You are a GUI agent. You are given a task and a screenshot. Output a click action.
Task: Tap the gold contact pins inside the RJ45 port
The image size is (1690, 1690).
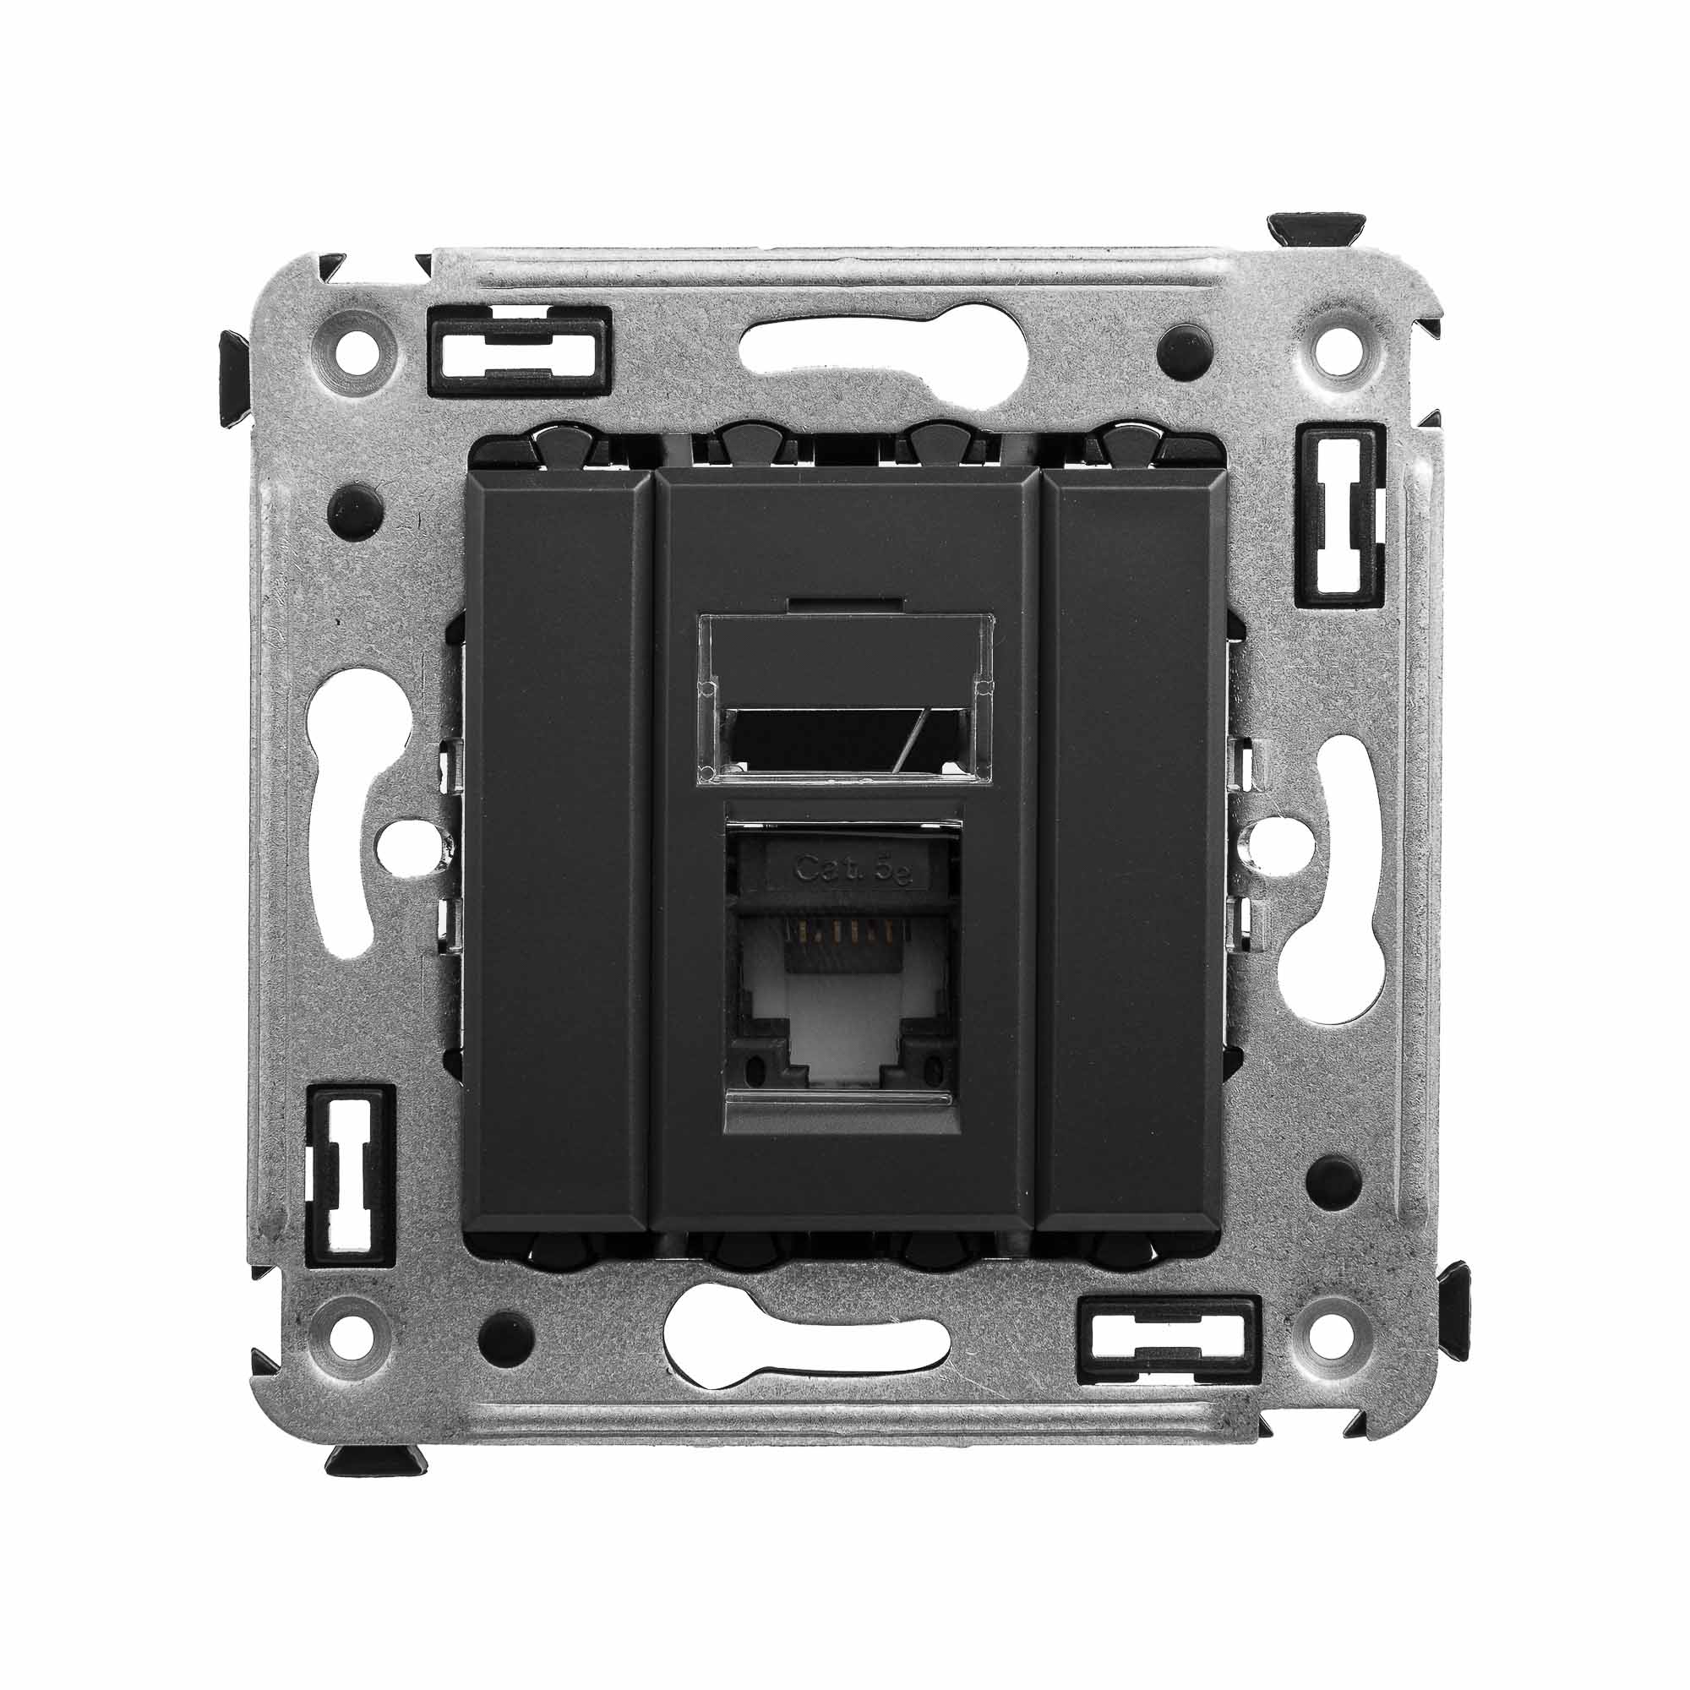(840, 945)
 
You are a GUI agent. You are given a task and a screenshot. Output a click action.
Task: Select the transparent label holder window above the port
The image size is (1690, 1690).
(844, 695)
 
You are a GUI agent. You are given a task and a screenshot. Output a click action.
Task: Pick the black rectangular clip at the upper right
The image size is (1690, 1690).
(1342, 515)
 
